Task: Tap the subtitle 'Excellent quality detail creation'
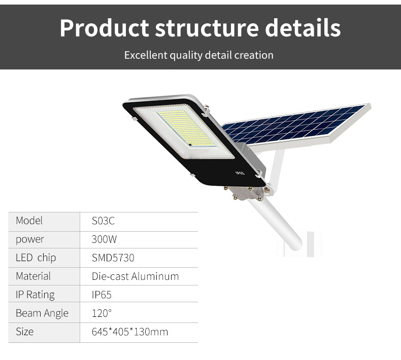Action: (198, 55)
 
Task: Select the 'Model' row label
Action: (29, 221)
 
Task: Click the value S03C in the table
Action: (104, 221)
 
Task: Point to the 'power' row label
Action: (30, 239)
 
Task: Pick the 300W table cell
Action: (104, 239)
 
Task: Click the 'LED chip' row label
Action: (36, 258)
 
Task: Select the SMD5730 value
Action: (113, 258)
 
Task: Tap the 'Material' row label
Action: (33, 276)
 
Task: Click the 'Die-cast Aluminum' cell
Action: (135, 276)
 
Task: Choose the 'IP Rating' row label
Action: (35, 295)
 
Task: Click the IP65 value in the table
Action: (102, 295)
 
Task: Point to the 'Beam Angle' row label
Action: (42, 313)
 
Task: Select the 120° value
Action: (102, 313)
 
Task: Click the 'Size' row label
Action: (24, 332)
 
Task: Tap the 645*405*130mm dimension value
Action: (129, 332)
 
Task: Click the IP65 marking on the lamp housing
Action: (240, 172)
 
